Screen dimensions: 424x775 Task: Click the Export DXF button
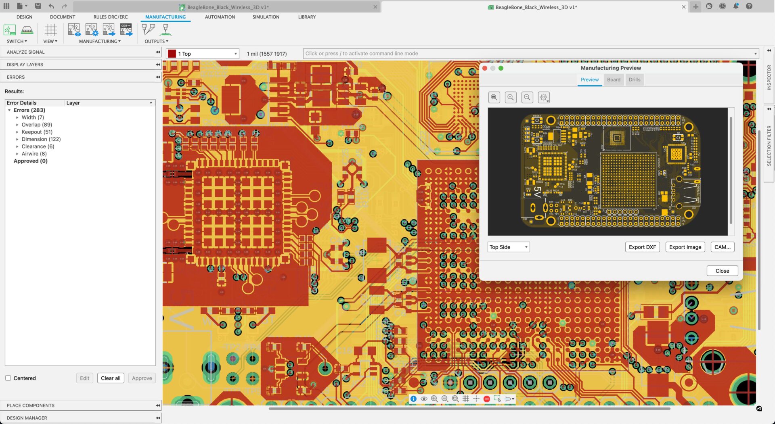642,247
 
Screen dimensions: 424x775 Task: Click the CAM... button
722,247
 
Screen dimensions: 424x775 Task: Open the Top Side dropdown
508,247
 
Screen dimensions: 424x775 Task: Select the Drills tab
634,79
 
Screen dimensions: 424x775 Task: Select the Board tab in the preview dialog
613,79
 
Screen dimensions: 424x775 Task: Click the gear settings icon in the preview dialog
543,97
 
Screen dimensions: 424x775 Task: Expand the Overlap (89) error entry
17,125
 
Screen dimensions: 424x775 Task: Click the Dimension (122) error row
41,139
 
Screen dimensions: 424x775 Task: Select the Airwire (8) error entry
34,154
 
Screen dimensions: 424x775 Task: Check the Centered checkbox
8,378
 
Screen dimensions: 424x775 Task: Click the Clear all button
110,378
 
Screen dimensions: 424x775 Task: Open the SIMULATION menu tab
266,17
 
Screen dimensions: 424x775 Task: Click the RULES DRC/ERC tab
110,17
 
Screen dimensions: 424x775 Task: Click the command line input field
525,54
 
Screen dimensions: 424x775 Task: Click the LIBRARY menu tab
307,17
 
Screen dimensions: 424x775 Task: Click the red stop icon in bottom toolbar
486,399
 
